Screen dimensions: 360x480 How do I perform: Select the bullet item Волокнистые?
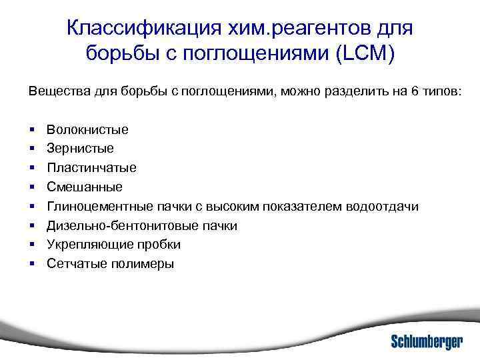pos(87,129)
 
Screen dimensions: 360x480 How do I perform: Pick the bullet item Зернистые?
pos(80,148)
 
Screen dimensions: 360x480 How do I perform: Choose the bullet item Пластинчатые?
pos(91,167)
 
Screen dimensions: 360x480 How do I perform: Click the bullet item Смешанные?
pos(85,187)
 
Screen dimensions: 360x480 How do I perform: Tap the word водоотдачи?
pos(383,206)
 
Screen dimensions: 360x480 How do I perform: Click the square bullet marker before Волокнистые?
pos(32,129)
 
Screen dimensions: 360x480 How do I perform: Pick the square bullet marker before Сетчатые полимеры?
pos(32,264)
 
